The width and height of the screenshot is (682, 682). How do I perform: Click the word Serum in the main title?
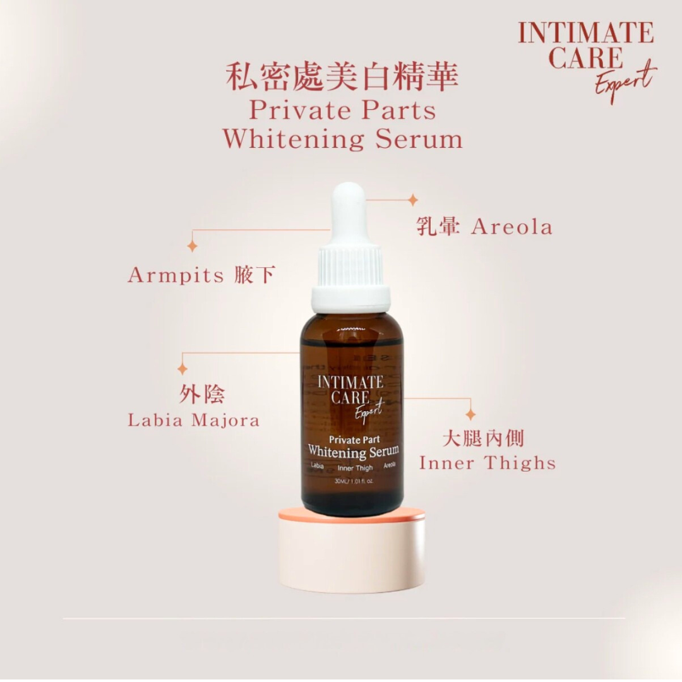tap(419, 139)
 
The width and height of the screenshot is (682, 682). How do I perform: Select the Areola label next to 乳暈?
tap(512, 227)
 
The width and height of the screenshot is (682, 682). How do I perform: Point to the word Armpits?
tap(176, 275)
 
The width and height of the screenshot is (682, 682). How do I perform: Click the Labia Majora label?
tap(193, 421)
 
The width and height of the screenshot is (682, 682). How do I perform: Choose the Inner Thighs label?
tap(487, 464)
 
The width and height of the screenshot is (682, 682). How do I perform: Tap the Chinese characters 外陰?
tap(202, 395)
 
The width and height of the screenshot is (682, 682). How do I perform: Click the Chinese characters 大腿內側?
tap(491, 438)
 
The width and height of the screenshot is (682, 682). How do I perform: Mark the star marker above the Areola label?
tap(412, 200)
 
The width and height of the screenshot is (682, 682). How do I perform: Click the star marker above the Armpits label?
tap(192, 246)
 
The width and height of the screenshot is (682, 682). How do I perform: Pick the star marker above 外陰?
tap(182, 368)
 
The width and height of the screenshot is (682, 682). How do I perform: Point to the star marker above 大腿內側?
tap(470, 414)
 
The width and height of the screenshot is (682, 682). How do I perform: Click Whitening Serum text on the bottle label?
tap(353, 452)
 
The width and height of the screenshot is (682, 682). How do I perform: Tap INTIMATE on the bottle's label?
tap(350, 382)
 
